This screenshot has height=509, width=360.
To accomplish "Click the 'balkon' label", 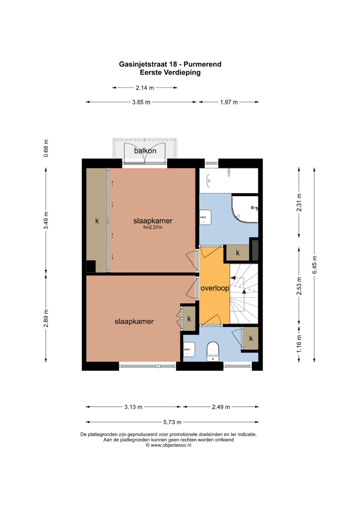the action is coord(145,151).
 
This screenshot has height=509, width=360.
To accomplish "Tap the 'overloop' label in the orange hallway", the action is coord(215,288).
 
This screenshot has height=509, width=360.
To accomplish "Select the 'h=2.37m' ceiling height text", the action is coord(153,227).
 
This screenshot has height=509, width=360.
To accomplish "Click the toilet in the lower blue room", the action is coord(213,351).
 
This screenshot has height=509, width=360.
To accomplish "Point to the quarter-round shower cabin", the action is coord(245,209).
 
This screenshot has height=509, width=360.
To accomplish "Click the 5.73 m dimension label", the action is coord(172,422).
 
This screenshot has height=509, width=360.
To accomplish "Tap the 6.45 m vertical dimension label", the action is coord(314,265).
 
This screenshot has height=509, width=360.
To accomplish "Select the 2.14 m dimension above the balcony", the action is coord(145,88).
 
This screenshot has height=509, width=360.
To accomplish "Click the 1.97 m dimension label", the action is coord(229,102).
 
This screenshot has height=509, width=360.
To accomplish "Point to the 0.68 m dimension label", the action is coord(46,148).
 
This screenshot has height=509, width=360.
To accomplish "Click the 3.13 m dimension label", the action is coord(133,407).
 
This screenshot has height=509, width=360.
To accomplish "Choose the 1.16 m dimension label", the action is coord(299,344).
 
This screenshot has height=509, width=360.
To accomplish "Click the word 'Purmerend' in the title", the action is coord(202,64).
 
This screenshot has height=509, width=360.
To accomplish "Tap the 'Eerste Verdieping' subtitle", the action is coord(170,72).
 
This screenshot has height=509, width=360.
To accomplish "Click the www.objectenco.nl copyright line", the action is coord(168,445).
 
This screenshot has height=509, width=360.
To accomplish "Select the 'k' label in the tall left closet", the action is coord(97,221).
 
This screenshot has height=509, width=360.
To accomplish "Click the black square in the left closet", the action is coord(91,266).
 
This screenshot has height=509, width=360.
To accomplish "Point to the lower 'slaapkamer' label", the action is coord(134,321).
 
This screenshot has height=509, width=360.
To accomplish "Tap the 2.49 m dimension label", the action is coord(221,407).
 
